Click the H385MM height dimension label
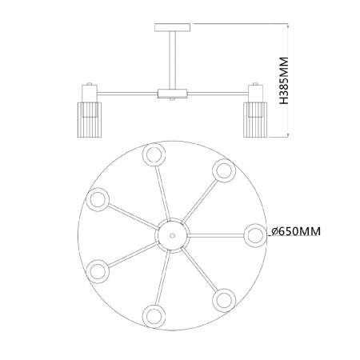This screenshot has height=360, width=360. (285, 81)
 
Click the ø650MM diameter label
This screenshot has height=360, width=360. (296, 231)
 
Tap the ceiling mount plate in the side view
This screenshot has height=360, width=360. (173, 27)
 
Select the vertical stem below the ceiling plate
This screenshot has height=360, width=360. (173, 60)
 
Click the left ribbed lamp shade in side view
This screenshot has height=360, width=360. (90, 120)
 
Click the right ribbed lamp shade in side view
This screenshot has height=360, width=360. (255, 120)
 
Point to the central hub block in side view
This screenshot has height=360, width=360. (173, 94)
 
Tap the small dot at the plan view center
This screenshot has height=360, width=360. (172, 236)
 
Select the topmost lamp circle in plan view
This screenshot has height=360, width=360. (154, 154)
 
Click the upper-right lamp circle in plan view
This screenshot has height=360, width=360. (224, 170)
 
